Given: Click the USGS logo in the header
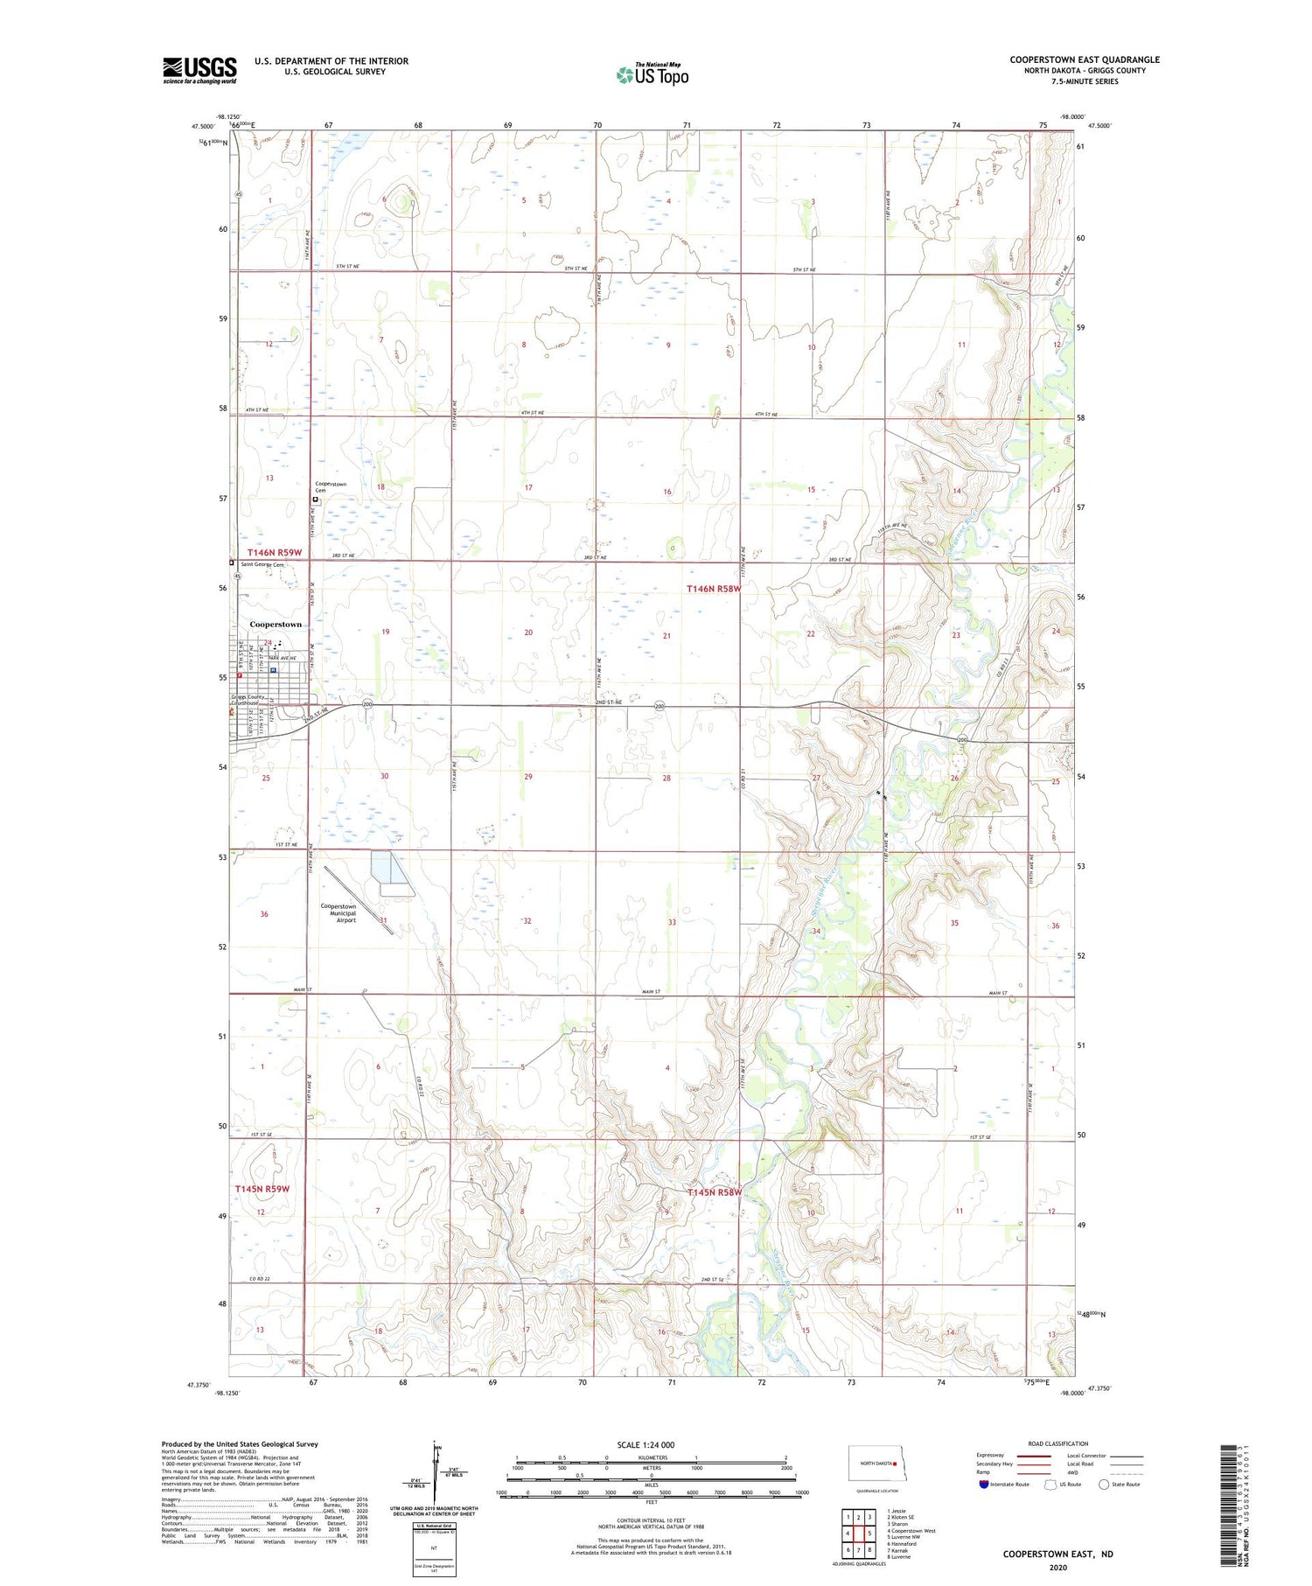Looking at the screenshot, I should pos(199,70).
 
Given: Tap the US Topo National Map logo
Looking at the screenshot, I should pos(653,74).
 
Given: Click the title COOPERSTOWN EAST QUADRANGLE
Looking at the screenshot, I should pos(1085,59).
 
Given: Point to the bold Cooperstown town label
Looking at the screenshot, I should pos(276,624).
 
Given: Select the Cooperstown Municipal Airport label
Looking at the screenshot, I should pos(338,913).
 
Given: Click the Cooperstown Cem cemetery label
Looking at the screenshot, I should pos(331,487).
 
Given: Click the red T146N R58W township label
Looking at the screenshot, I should pos(714,589).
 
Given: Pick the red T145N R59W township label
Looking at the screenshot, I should pos(262,1189).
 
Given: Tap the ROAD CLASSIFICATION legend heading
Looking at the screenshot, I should pos(1058,1443).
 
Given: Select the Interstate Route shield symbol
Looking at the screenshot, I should pos(985,1485).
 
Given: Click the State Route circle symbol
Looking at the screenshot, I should pos(1104,1485).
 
